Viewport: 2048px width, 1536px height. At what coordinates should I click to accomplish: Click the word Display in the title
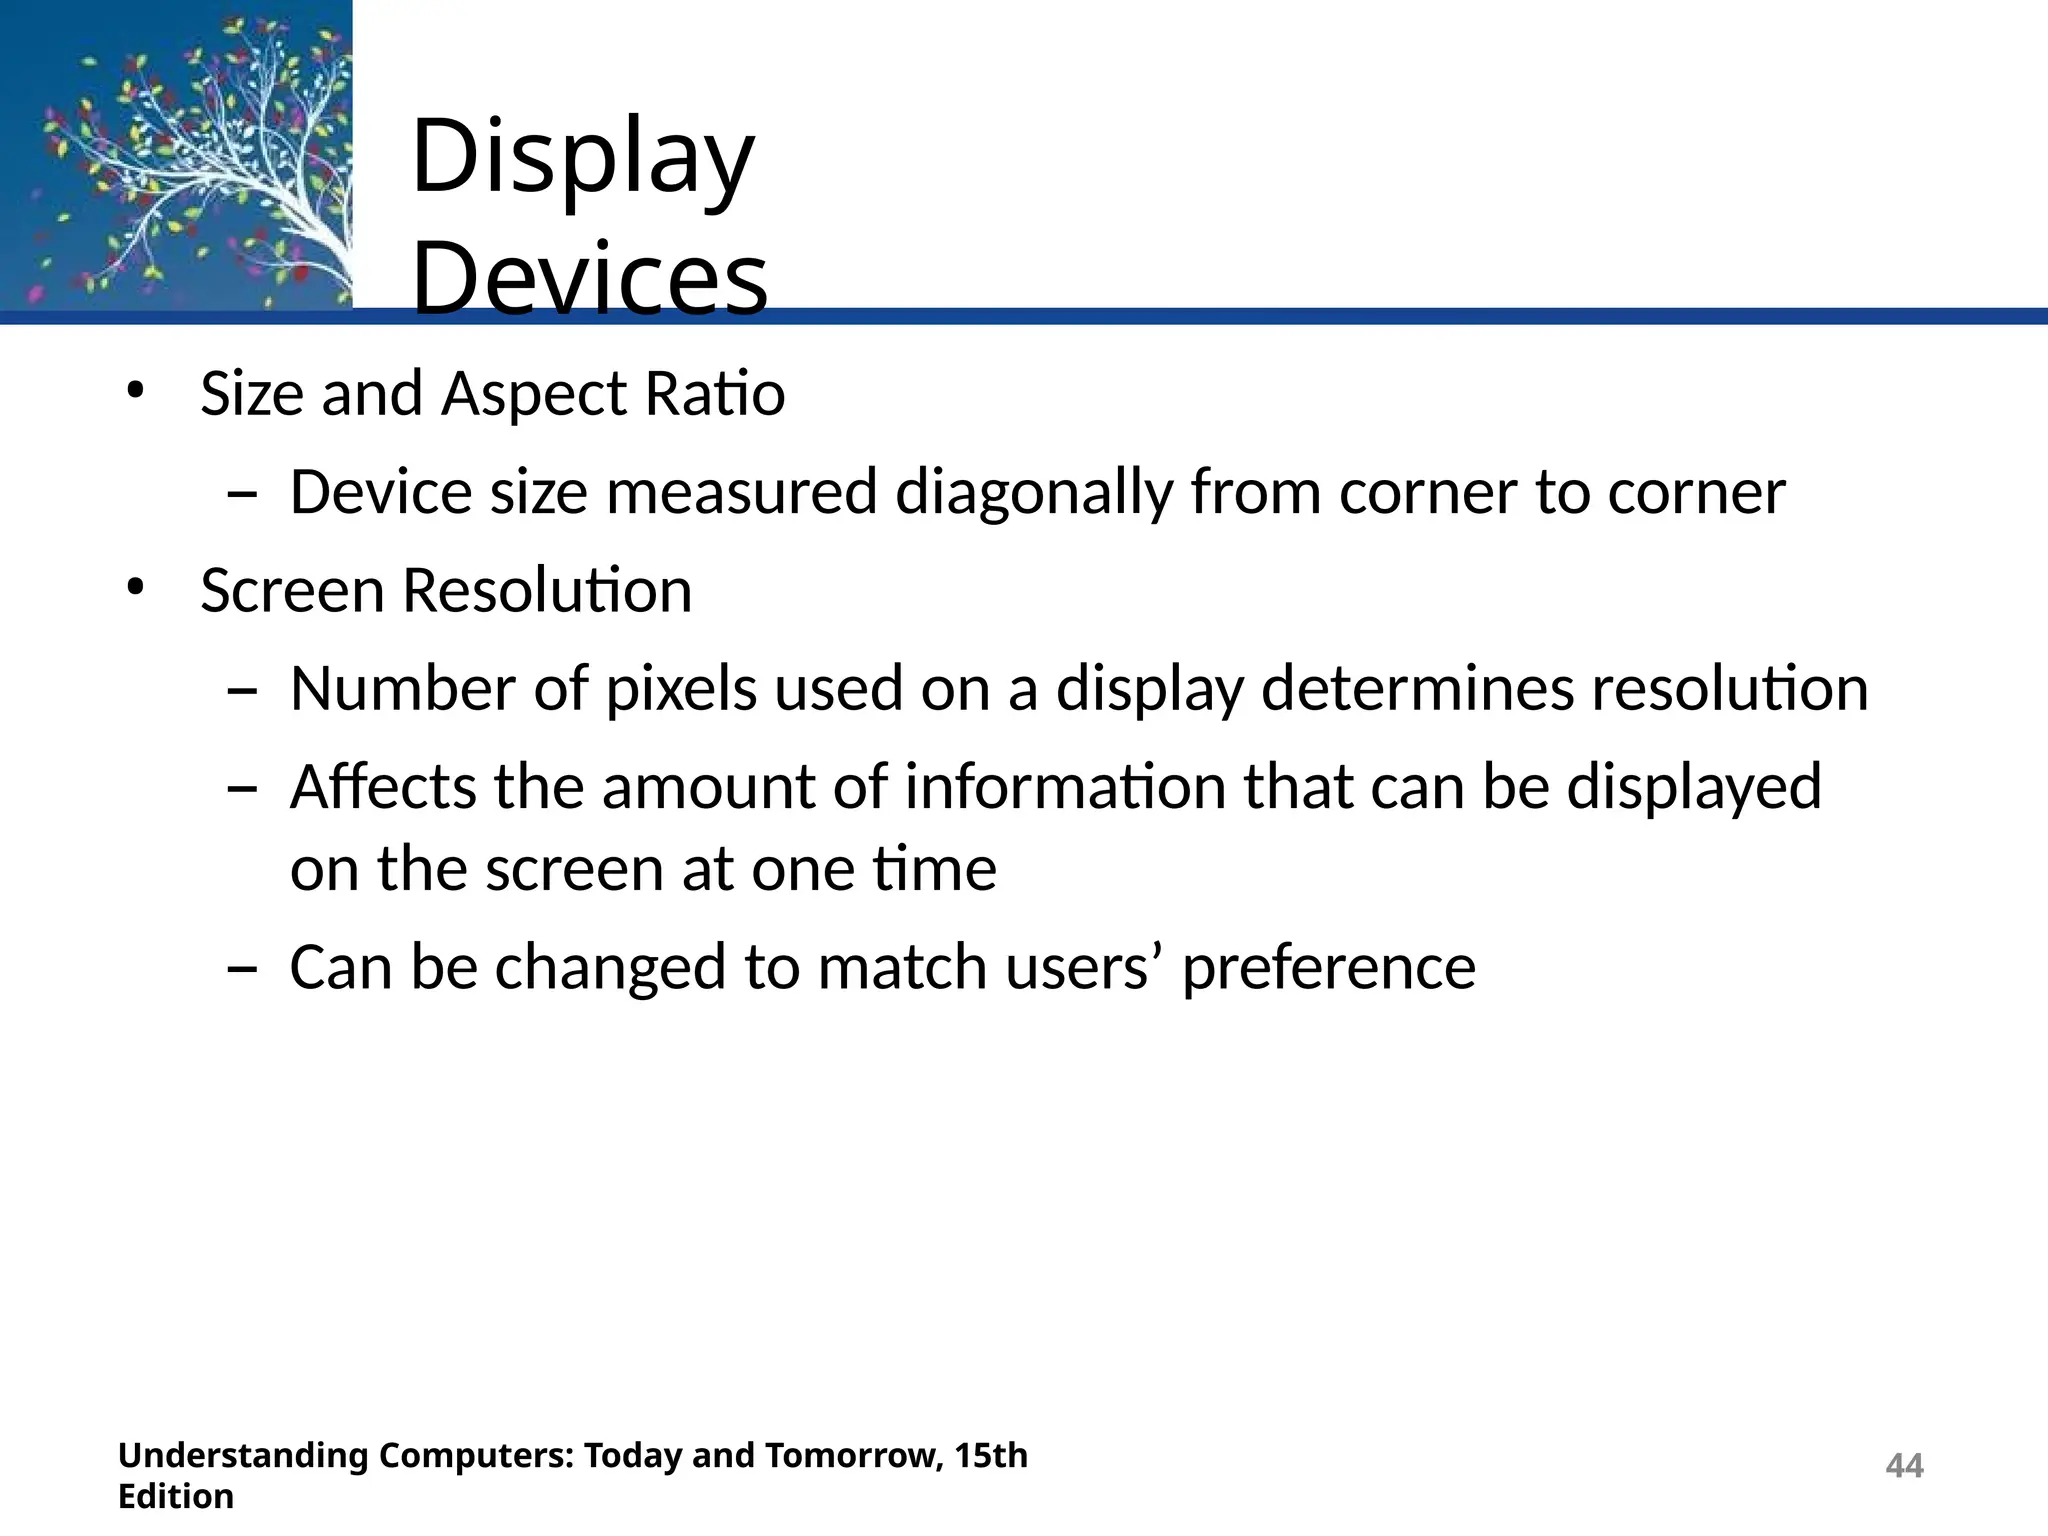pyautogui.click(x=582, y=158)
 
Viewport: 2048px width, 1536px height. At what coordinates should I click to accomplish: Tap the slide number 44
pyautogui.click(x=1904, y=1466)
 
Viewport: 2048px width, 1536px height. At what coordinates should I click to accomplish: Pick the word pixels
pyautogui.click(x=681, y=689)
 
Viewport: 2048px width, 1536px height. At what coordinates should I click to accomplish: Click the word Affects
pyautogui.click(x=383, y=787)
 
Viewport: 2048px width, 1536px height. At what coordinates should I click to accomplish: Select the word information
pyautogui.click(x=1065, y=787)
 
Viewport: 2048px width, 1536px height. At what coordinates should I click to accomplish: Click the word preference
pyautogui.click(x=1328, y=968)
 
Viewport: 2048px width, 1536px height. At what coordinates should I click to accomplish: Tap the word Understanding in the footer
pyautogui.click(x=243, y=1455)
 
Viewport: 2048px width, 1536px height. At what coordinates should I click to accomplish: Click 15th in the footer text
pyautogui.click(x=990, y=1455)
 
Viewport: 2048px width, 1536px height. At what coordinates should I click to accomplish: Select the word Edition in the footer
pyautogui.click(x=176, y=1497)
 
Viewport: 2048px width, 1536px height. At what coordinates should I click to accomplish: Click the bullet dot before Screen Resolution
pyautogui.click(x=136, y=588)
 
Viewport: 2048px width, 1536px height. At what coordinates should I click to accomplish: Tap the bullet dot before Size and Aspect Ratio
pyautogui.click(x=136, y=391)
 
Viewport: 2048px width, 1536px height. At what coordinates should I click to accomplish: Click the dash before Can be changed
pyautogui.click(x=242, y=969)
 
